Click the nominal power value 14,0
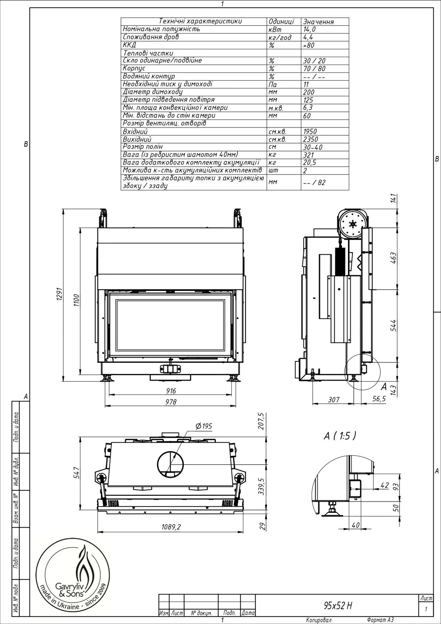(309, 29)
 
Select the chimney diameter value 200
(308, 92)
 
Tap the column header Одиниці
(281, 22)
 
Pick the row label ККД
(129, 45)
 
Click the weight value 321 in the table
(308, 155)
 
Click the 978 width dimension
(171, 402)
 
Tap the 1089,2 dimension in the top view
(171, 527)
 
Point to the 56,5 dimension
(379, 399)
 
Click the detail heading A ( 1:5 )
(340, 436)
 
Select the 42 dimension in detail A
(385, 485)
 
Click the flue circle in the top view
(171, 464)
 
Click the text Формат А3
(380, 620)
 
